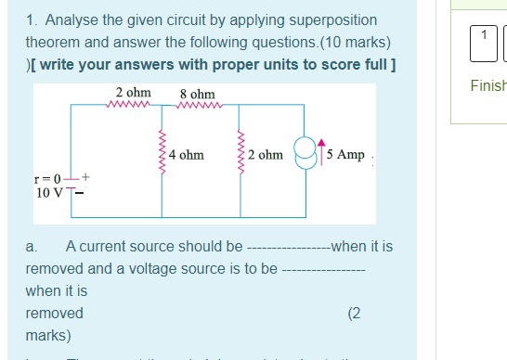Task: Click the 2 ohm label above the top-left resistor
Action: pyautogui.click(x=133, y=94)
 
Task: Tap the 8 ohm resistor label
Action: pyautogui.click(x=197, y=95)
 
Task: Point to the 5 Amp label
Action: pyautogui.click(x=346, y=155)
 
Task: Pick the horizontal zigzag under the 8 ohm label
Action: pyautogui.click(x=197, y=105)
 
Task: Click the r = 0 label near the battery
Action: pyautogui.click(x=45, y=178)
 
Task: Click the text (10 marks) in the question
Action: pyautogui.click(x=357, y=43)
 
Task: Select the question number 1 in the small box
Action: pyautogui.click(x=484, y=34)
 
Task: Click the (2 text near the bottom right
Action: pyautogui.click(x=354, y=313)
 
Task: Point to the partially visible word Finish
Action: pyautogui.click(x=487, y=85)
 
